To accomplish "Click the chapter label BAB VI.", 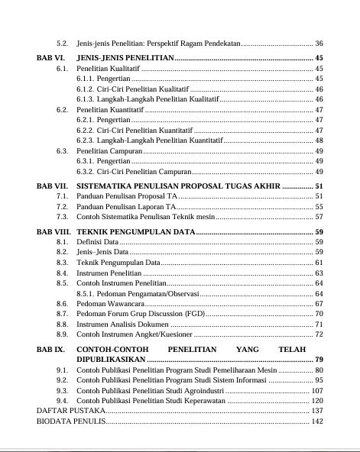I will click(50, 58).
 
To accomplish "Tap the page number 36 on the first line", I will click(319, 43).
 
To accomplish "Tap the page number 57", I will click(319, 218).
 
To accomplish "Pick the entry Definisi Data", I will click(97, 242).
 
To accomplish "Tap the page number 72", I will click(319, 334).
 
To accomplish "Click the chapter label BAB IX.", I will click(50, 349).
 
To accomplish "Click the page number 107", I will click(316, 390).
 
